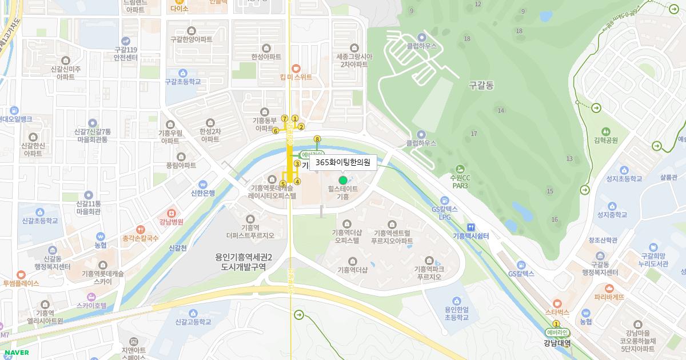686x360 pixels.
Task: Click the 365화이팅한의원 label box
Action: [343, 162]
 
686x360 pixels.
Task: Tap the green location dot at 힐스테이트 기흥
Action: [343, 180]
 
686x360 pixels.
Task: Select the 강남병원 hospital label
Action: [171, 222]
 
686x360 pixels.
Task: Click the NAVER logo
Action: [16, 353]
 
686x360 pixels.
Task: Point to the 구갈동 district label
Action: [481, 85]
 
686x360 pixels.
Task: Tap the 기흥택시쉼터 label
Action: [470, 235]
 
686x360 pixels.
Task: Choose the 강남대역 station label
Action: [557, 343]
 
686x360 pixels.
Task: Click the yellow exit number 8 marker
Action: [317, 139]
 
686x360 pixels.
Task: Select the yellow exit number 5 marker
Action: [283, 183]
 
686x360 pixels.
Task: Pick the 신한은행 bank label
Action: [203, 193]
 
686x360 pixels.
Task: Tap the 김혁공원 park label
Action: [606, 140]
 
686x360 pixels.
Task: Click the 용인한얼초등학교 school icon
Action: [456, 301]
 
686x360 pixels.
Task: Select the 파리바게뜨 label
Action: [609, 297]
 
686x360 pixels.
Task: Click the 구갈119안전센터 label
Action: [126, 54]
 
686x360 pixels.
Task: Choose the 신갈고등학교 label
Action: [189, 322]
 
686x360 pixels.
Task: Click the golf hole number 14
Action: [501, 110]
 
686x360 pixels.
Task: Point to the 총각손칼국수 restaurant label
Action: [140, 238]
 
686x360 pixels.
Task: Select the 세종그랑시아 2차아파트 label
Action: [354, 61]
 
